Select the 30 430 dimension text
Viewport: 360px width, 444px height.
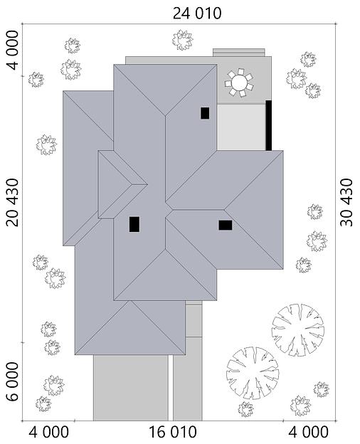coord(346,202)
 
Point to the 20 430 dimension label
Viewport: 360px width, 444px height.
coord(13,202)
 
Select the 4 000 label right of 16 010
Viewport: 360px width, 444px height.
coord(308,432)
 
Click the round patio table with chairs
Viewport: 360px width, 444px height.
coord(239,84)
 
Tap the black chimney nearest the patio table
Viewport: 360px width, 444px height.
coord(205,112)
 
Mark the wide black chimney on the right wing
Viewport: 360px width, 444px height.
coord(225,225)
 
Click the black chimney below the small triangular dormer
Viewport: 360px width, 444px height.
coord(134,224)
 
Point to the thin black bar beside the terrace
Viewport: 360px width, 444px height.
coord(268,125)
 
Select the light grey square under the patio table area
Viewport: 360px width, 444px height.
coord(240,127)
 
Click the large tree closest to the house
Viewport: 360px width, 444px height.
coord(297,329)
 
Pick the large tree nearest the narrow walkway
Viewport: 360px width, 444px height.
coord(253,372)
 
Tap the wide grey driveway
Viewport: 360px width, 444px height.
coord(130,388)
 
